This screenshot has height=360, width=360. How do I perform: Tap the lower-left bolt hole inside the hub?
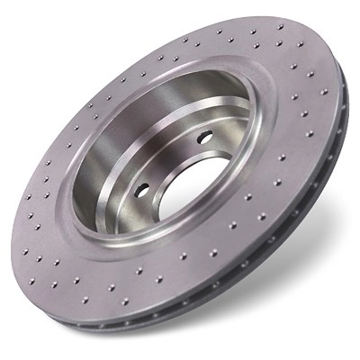(142, 191)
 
